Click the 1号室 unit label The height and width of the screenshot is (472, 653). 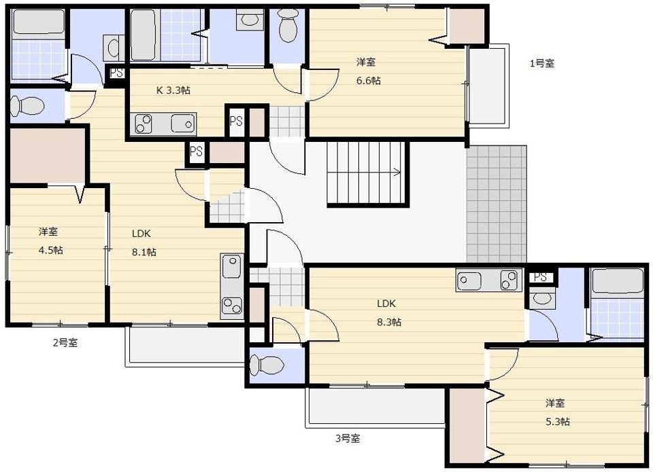[x=542, y=64]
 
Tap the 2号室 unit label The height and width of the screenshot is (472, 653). [x=65, y=343]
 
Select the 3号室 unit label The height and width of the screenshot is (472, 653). [x=348, y=438]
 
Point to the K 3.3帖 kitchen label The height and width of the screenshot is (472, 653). [x=173, y=90]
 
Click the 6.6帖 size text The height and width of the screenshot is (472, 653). [x=369, y=80]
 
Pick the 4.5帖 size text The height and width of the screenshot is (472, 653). [x=51, y=251]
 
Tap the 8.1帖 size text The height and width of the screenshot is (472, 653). [x=144, y=252]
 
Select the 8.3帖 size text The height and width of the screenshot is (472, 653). [x=389, y=322]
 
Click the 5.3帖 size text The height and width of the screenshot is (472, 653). [x=558, y=422]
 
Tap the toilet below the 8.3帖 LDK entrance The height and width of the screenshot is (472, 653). [x=267, y=365]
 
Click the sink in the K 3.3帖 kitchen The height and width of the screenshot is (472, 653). [x=183, y=124]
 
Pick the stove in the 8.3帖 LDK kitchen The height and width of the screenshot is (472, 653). [x=509, y=279]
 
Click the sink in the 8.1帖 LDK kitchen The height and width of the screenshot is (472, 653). [x=231, y=266]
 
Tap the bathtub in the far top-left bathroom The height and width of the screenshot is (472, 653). [x=39, y=21]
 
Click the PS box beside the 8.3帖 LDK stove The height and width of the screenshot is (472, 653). [x=541, y=277]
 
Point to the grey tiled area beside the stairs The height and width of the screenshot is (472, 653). [x=497, y=204]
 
